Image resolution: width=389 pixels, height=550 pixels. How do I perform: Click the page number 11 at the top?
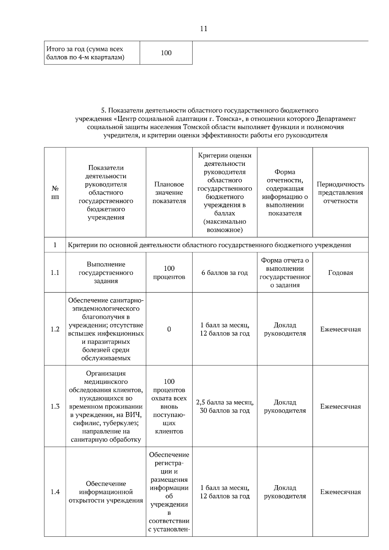204,29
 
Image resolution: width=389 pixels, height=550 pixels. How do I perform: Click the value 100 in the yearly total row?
166,53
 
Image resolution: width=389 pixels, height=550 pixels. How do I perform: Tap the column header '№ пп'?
55,192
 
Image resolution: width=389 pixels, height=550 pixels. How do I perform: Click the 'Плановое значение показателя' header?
169,192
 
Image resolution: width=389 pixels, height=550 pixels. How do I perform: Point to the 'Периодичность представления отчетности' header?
340,192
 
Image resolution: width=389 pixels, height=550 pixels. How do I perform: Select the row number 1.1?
55,273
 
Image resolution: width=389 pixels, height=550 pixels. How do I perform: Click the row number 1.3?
55,407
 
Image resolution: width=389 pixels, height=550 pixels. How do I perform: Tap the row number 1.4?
55,492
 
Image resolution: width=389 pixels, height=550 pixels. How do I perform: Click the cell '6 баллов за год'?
225,273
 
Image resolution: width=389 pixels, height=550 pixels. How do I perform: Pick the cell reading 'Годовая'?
340,273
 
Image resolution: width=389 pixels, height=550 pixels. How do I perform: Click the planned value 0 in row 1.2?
169,329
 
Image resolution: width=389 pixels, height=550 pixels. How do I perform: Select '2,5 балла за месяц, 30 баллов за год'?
225,407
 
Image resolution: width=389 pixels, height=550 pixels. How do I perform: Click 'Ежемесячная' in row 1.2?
340,329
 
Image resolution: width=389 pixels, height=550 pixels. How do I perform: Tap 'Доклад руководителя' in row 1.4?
285,492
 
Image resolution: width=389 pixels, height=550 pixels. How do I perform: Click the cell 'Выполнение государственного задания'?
106,273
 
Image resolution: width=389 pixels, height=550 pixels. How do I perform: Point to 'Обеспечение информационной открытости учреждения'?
106,492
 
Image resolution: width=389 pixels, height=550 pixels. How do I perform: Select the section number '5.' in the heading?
103,111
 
